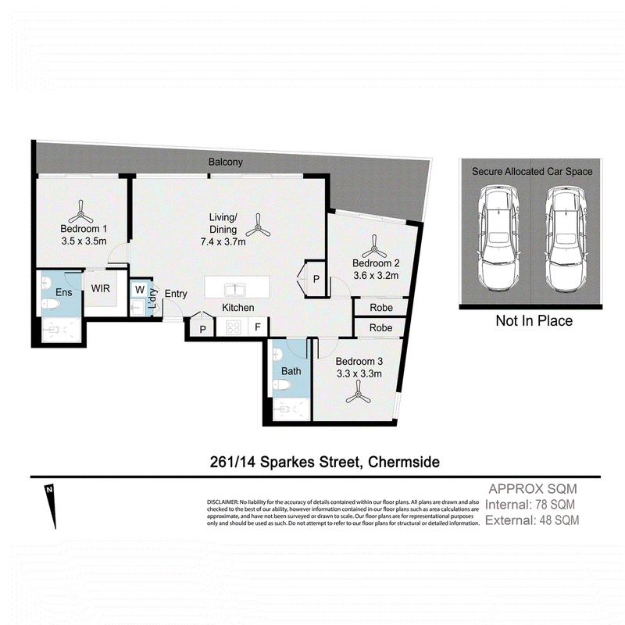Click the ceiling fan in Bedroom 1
(80, 212)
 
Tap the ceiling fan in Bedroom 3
(358, 392)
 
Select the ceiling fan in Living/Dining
(258, 225)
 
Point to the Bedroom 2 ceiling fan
(374, 246)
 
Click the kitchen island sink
(235, 289)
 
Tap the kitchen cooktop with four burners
(233, 327)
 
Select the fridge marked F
(258, 327)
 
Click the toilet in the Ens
(52, 304)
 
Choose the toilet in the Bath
(282, 385)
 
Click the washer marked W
(140, 289)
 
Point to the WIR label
(101, 288)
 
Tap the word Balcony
(226, 162)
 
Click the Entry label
(176, 294)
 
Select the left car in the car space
(498, 239)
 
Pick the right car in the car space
(566, 239)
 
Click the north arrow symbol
(51, 506)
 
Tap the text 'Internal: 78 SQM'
(530, 505)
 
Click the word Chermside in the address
(404, 462)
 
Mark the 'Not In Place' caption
(534, 320)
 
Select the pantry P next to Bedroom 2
(316, 279)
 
